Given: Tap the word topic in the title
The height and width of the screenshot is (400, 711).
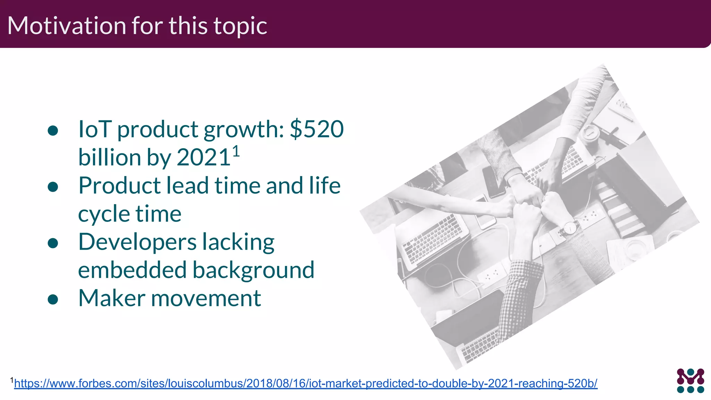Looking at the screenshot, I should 240,26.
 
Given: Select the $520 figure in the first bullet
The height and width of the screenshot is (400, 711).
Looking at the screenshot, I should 317,129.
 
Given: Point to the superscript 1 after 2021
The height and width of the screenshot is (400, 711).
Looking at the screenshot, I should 236,152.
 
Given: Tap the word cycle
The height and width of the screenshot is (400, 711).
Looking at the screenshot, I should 103,214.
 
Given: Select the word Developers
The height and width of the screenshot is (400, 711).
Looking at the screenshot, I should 137,242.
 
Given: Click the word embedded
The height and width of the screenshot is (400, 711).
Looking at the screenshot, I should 132,270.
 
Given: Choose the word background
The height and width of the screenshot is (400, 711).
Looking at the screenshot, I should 253,271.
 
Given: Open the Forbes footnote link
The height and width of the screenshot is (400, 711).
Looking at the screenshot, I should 306,383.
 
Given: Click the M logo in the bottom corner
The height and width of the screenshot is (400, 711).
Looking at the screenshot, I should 690,381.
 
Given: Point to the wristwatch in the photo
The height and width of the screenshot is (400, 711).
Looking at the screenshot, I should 570,228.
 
